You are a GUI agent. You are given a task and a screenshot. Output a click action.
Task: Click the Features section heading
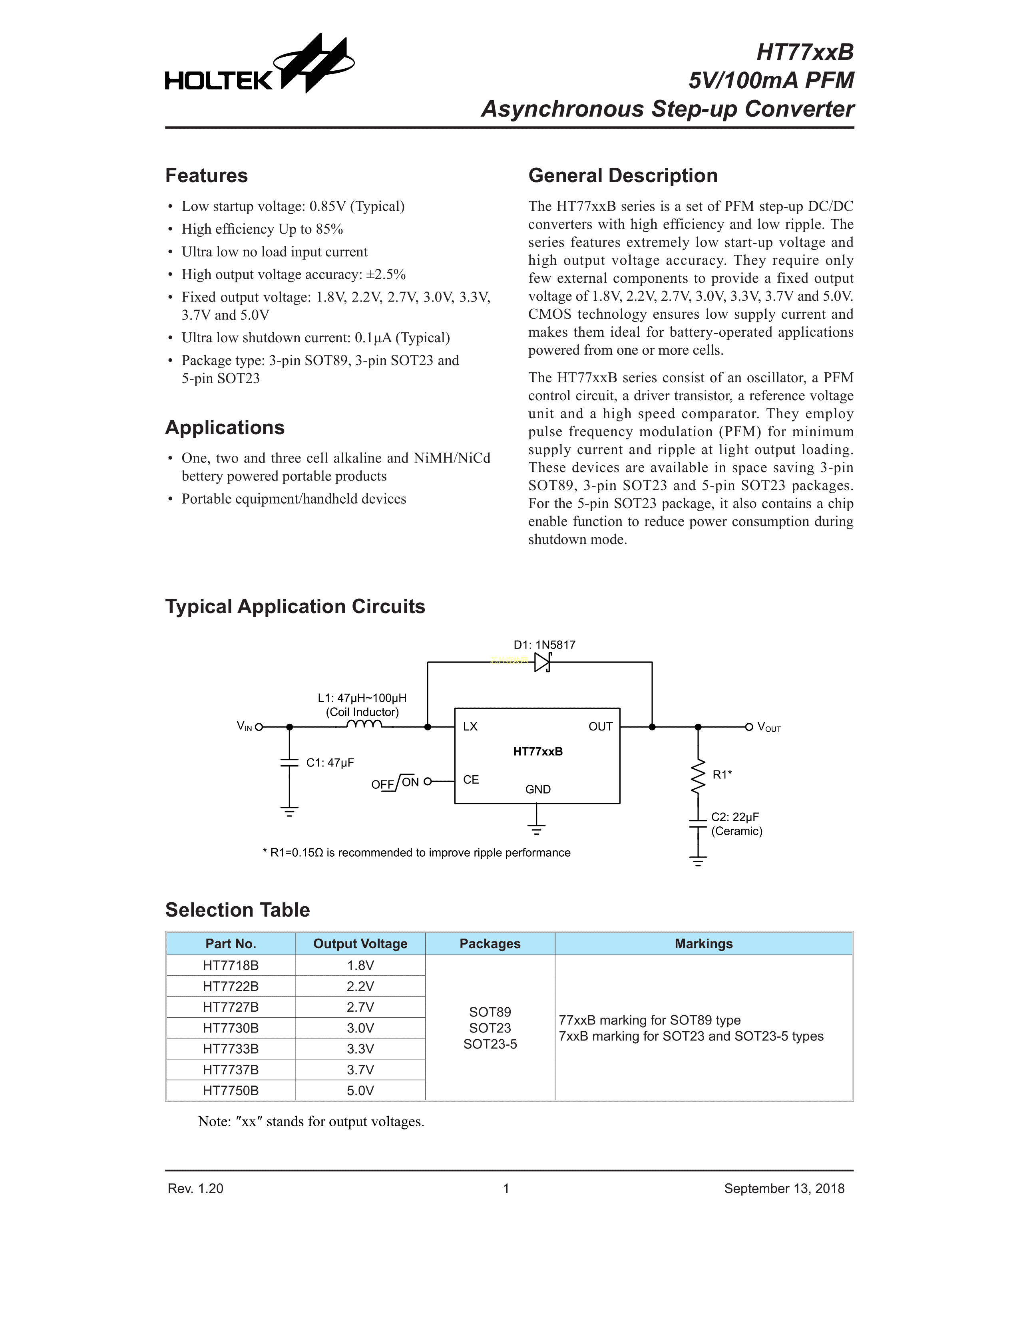(207, 176)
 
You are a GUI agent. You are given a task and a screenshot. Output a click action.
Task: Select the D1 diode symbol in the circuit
(542, 662)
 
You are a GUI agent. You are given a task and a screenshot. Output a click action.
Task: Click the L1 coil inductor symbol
(364, 724)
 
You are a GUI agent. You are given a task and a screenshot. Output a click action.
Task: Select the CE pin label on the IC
(471, 780)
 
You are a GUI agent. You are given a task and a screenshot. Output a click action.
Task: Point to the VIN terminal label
(245, 726)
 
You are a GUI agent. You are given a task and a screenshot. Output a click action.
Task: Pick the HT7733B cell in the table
(231, 1049)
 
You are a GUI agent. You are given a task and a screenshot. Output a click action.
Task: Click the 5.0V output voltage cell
(360, 1090)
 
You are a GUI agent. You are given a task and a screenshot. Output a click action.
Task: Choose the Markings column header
(703, 944)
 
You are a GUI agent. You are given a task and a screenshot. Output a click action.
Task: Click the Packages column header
(490, 944)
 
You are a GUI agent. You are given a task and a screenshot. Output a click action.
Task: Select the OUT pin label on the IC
(600, 726)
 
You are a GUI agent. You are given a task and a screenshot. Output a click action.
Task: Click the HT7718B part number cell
(231, 966)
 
